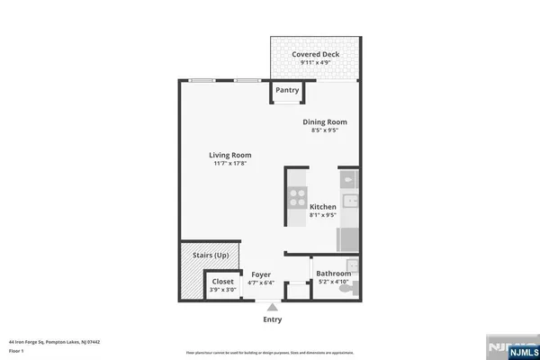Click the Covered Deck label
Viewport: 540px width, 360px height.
315,54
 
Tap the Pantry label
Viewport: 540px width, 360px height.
287,90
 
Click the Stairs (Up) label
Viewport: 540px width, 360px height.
211,256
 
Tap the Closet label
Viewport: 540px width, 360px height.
222,282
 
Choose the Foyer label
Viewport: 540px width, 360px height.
261,274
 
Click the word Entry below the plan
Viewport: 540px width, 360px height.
272,319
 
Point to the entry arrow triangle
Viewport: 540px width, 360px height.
272,306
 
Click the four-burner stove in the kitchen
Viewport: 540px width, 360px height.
295,199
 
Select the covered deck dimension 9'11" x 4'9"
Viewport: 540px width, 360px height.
315,63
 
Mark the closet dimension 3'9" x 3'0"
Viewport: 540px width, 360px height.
222,290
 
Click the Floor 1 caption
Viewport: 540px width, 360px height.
16,351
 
